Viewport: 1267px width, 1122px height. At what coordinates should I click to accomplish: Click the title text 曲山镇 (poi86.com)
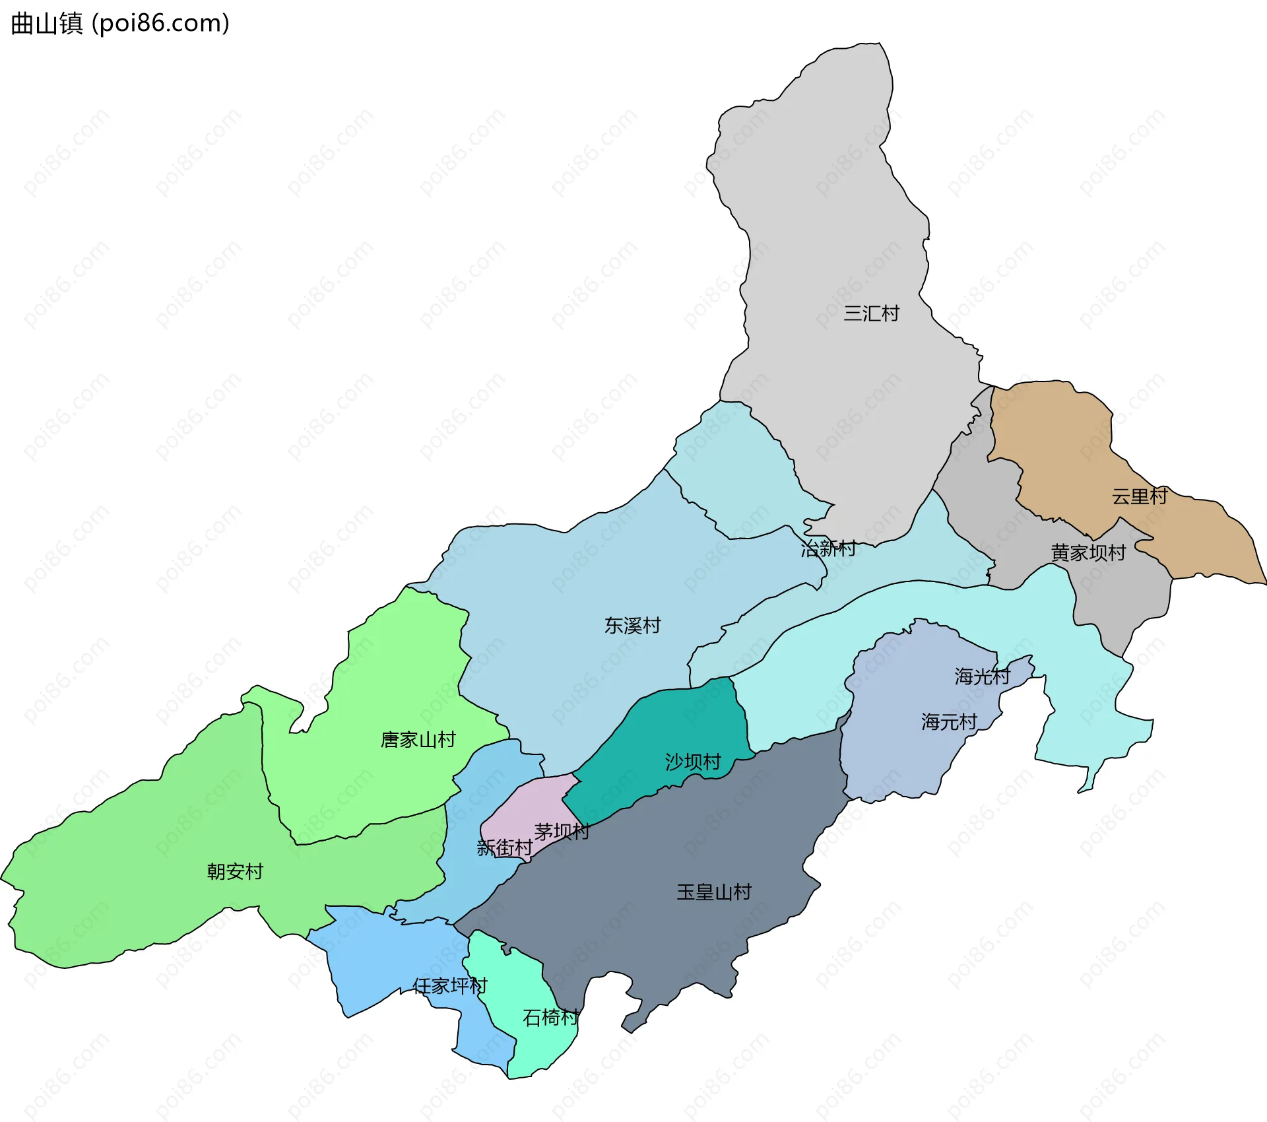click(120, 23)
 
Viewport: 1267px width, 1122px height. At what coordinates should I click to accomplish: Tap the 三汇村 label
click(871, 313)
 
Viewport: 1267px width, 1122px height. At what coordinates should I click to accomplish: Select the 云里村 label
click(1140, 496)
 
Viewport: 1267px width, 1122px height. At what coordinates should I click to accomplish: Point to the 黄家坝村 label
click(1088, 552)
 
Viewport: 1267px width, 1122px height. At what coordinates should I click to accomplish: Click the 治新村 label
click(828, 548)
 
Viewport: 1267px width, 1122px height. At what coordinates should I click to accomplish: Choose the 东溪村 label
click(632, 625)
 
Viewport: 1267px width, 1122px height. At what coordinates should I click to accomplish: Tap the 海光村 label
click(982, 676)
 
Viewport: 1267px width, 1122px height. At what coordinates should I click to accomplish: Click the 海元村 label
click(949, 721)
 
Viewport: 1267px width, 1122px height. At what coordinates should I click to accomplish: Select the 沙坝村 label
click(693, 762)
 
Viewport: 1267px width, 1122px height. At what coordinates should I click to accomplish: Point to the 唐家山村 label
click(418, 739)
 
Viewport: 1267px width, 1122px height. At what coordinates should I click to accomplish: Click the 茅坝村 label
click(562, 832)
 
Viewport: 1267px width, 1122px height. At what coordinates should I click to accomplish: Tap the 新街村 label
click(504, 847)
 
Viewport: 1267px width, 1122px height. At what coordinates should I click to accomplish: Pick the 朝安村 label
click(235, 871)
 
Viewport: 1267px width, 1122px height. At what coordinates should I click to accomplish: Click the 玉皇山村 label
click(714, 892)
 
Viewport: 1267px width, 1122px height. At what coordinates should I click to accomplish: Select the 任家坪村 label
click(450, 985)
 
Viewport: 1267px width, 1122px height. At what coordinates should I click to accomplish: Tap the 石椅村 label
click(550, 1017)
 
